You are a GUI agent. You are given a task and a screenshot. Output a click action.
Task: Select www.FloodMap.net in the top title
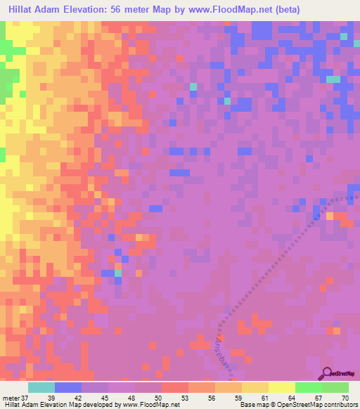click(237, 9)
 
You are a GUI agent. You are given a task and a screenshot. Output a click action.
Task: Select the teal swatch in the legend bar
click(41, 387)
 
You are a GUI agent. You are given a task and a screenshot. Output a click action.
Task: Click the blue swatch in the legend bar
click(68, 387)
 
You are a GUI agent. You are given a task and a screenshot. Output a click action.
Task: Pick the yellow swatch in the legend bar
click(281, 387)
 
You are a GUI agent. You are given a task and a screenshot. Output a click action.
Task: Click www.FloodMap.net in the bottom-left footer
click(148, 405)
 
